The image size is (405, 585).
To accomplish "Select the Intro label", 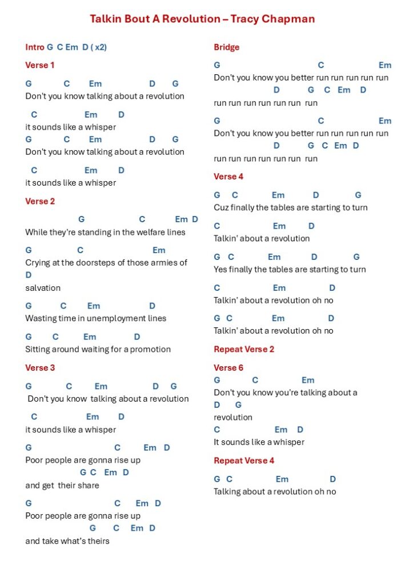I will pos(35,47).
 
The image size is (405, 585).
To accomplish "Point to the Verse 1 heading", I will pos(40,65).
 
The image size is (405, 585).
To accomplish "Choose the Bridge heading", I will pos(227,47).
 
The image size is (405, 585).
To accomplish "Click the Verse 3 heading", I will pos(40,367).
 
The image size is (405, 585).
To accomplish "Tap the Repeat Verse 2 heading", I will pos(244,349).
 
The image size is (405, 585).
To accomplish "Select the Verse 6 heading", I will pos(228,367).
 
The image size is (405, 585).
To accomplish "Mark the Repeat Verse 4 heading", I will pos(244,460).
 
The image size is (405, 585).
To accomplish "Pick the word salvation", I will pos(43,288).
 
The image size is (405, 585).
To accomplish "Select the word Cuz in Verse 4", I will pos(221,207).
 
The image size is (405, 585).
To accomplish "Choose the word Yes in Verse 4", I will pos(220,269).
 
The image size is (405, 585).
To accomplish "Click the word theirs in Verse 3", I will pos(97,541).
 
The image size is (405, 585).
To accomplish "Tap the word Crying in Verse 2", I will pos(37,263).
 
